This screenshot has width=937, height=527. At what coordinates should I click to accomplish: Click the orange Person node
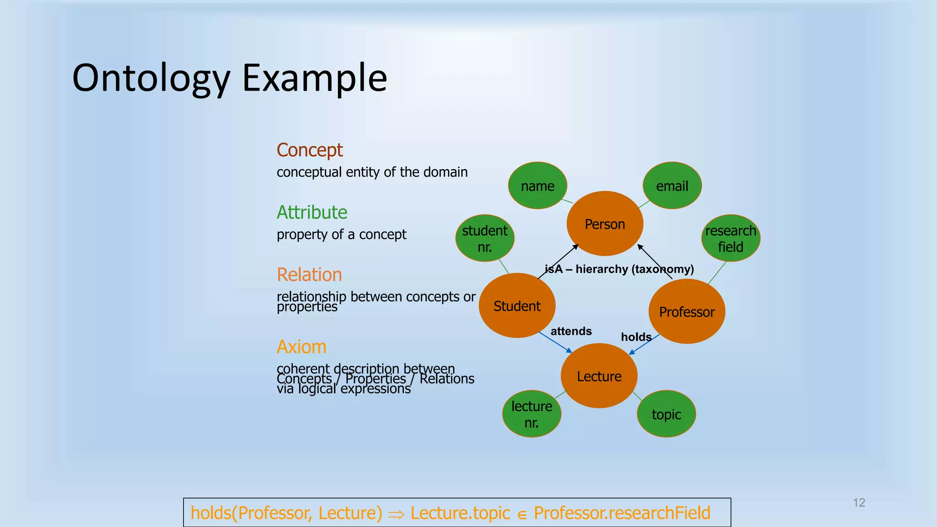pos(605,224)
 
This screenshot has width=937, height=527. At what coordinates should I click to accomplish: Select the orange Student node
pos(517,306)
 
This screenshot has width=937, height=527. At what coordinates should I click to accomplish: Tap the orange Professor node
pos(687,312)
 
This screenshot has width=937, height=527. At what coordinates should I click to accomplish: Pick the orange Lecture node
pos(599,376)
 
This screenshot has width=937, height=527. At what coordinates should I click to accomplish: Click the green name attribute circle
pos(538,186)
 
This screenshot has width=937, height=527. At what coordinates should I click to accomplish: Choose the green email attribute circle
pos(672,186)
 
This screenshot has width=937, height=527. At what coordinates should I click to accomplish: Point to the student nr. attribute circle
pos(485,238)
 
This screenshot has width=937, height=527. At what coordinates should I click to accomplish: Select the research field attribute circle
pos(731,238)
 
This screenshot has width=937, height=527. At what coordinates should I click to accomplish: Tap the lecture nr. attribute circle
pos(532,414)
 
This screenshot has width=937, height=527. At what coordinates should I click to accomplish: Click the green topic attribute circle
pos(667,414)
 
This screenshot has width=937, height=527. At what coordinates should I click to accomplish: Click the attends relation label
pos(571,331)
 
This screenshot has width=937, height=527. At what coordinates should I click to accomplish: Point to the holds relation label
pos(636,337)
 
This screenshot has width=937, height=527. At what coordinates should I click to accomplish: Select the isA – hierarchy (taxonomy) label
pos(619,269)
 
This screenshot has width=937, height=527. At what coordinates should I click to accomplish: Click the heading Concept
pos(310,150)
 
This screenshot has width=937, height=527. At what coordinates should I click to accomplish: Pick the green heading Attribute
pos(312,212)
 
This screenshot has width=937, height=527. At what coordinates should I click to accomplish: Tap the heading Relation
pos(309,274)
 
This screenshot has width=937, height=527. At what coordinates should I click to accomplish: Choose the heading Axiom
pos(302,347)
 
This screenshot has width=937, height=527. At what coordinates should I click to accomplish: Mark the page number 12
pos(859,503)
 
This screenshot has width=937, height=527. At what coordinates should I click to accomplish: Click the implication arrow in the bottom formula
pos(396,514)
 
